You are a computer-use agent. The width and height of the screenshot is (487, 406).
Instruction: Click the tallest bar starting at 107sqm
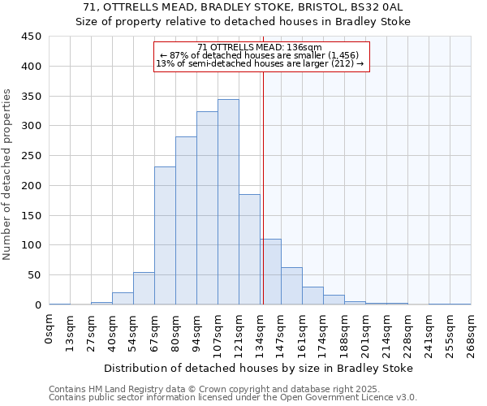coord(228,202)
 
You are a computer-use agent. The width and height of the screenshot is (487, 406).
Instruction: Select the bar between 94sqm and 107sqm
coord(207,208)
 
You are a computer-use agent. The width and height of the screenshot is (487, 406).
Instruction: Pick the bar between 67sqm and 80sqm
coord(165,235)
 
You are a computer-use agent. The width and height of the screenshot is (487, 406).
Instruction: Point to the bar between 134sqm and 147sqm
coord(270,272)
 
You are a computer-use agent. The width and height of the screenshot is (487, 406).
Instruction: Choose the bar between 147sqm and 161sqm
coord(291,286)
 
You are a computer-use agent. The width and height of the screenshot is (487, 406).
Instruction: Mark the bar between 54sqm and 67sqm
coord(144,288)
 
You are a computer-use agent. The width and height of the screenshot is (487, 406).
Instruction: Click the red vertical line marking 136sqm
coord(263,187)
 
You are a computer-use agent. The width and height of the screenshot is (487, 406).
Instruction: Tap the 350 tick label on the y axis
coord(31,96)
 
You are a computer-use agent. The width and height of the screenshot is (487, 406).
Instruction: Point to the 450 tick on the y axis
coord(31,37)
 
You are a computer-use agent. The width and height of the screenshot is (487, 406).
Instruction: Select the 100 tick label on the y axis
coord(31,245)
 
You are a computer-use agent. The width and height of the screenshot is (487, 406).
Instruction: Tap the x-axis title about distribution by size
coord(259,368)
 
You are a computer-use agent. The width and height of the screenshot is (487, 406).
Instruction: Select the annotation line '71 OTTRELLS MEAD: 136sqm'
coord(260,47)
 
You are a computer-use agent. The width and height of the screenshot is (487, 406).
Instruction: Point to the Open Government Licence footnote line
coord(233,397)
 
